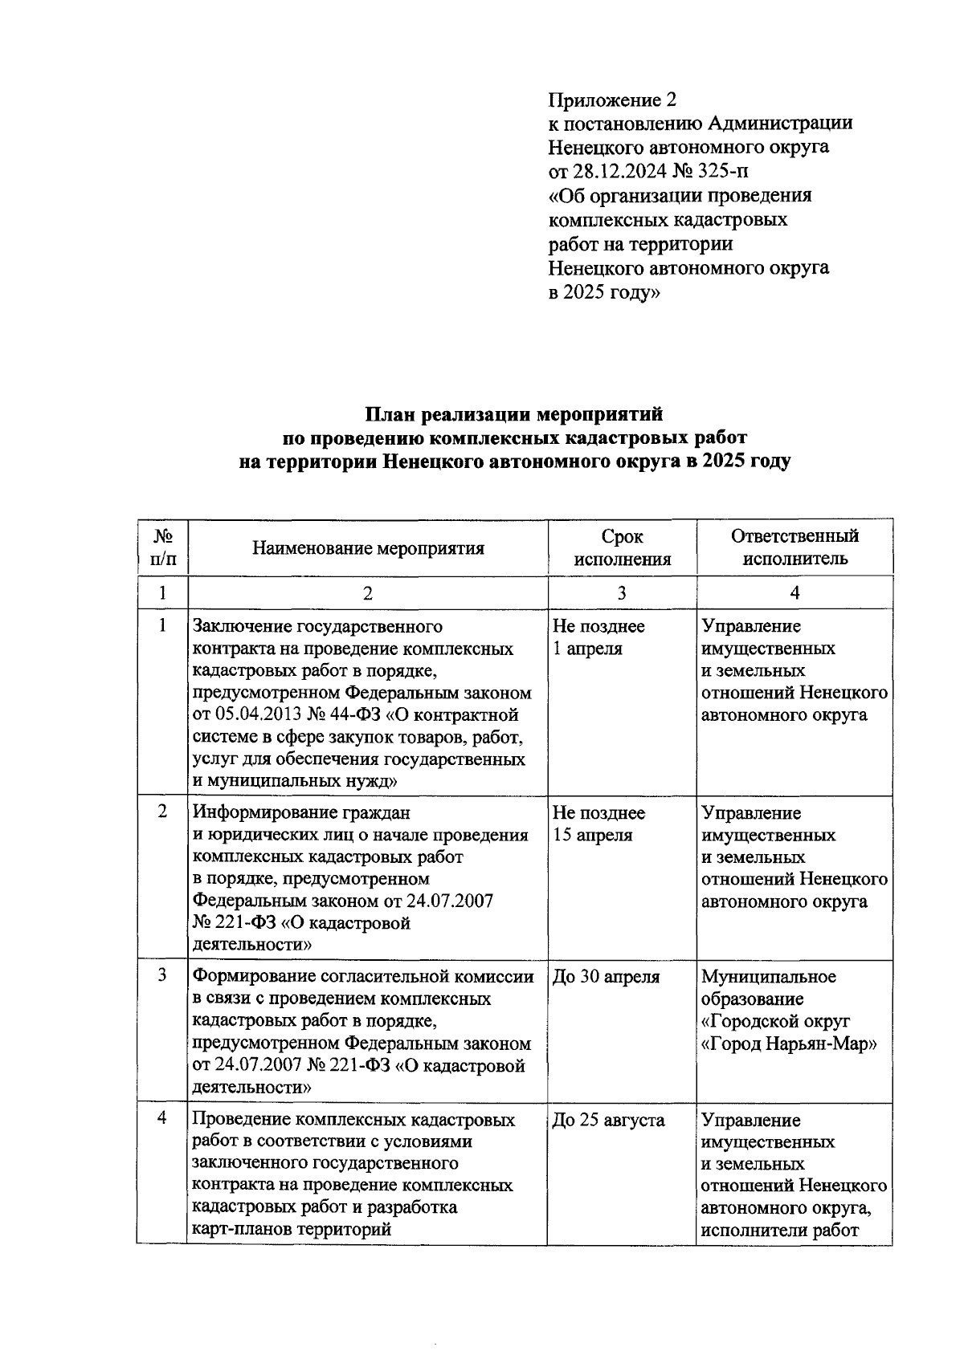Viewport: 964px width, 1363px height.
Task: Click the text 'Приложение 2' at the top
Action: [x=612, y=100]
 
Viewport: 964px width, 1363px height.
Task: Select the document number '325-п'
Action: [x=726, y=172]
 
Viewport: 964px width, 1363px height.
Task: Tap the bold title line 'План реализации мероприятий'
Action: [x=514, y=414]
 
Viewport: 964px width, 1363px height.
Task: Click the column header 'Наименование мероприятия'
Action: [x=368, y=548]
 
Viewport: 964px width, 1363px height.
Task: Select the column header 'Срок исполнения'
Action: [x=622, y=547]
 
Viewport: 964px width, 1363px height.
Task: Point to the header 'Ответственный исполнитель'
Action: [x=794, y=547]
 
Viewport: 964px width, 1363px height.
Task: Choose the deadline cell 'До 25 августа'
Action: [x=608, y=1120]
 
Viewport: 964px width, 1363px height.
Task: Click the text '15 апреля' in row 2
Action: [x=592, y=835]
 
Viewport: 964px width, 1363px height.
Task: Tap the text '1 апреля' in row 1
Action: [x=587, y=648]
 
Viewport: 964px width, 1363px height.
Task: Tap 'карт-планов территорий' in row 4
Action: [x=292, y=1229]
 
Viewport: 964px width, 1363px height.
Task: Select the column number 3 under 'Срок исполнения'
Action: [x=622, y=593]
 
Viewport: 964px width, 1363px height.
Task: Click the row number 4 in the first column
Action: [x=163, y=1117]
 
